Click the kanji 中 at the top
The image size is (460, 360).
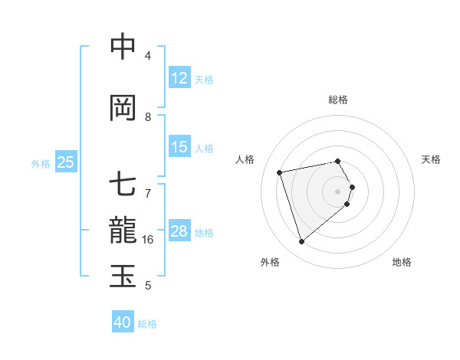[123, 47]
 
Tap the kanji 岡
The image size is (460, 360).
[123, 108]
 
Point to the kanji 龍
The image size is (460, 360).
[123, 231]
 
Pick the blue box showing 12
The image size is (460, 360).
[179, 79]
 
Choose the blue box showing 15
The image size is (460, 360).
[179, 147]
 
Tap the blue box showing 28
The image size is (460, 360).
[179, 231]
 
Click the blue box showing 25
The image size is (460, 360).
[66, 162]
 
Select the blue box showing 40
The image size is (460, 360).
[123, 322]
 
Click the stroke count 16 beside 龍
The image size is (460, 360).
[149, 240]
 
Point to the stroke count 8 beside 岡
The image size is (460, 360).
[149, 117]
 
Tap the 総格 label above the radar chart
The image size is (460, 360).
[338, 100]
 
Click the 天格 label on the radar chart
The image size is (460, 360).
[431, 159]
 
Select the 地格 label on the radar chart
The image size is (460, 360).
[402, 263]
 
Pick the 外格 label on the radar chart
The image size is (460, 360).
[270, 263]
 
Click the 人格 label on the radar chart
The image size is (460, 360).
[245, 159]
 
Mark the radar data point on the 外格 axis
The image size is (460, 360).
[301, 242]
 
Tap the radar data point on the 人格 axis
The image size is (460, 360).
[280, 172]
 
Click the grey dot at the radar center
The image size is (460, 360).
[338, 191]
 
